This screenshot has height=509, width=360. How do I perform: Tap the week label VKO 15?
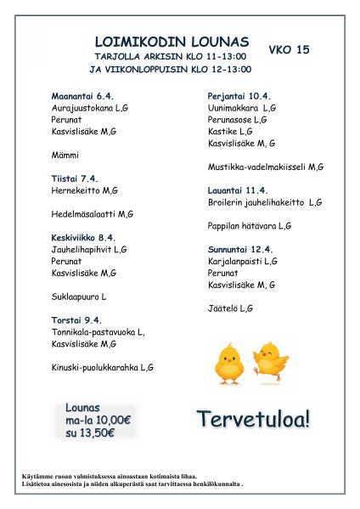coord(289,50)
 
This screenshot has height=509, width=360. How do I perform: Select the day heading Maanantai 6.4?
coord(82,97)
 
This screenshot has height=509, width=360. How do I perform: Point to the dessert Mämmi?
coord(65,156)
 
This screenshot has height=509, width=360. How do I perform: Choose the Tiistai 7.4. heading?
coord(76,179)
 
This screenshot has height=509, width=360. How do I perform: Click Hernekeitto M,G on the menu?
coord(85,191)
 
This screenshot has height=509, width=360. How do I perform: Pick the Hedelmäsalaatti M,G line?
coord(93,214)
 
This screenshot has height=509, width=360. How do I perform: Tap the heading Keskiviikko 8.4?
coord(84,238)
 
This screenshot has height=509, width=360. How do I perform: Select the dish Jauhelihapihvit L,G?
coord(89,250)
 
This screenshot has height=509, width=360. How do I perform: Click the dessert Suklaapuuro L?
coord(79,297)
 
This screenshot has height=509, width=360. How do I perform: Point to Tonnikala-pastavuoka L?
coord(98,332)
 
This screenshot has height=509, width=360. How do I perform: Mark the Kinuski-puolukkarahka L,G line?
coord(103,367)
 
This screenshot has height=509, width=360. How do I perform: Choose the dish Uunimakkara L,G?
coord(242,109)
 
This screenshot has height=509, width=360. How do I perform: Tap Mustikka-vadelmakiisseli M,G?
coord(266,167)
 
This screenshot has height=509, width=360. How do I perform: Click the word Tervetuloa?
coord(254,418)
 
